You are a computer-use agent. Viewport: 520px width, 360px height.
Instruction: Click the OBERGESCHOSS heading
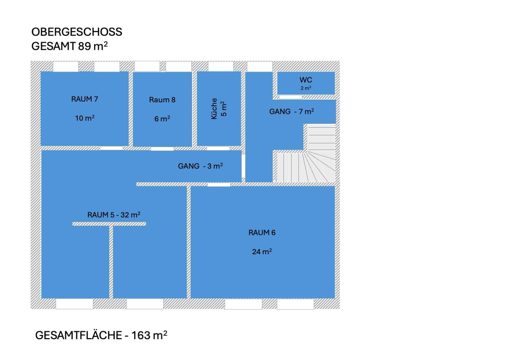point(77,32)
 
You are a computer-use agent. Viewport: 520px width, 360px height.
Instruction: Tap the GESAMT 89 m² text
point(69,46)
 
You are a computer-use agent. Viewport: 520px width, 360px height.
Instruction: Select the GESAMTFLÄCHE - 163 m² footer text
point(101,335)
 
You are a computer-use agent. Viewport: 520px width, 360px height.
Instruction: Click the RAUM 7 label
point(85,99)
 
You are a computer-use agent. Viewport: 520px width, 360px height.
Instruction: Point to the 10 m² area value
point(85,118)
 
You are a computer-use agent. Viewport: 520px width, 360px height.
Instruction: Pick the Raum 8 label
point(162,100)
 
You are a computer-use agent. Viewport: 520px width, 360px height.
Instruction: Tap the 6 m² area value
point(162,119)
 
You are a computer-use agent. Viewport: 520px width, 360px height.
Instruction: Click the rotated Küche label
point(214,109)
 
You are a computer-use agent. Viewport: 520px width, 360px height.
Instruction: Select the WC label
point(306,80)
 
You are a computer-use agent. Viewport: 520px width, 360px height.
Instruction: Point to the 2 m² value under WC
point(306,88)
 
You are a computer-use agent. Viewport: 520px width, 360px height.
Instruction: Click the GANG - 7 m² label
point(292,111)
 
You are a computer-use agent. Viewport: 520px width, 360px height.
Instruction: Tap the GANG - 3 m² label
point(200,166)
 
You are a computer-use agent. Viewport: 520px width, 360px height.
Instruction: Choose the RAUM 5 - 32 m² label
point(114,215)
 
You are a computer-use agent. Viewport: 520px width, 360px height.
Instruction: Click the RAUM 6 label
point(262,232)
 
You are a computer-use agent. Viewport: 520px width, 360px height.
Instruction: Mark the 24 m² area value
point(262,251)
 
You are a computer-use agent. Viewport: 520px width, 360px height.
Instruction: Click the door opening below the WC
point(291,97)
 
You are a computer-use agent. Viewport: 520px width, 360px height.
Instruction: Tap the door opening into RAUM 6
point(219,185)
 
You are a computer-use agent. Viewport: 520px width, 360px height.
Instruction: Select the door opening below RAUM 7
point(111,148)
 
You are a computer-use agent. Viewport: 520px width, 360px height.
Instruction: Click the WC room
point(306,83)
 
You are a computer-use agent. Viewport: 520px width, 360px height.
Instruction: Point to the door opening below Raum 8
point(162,149)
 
